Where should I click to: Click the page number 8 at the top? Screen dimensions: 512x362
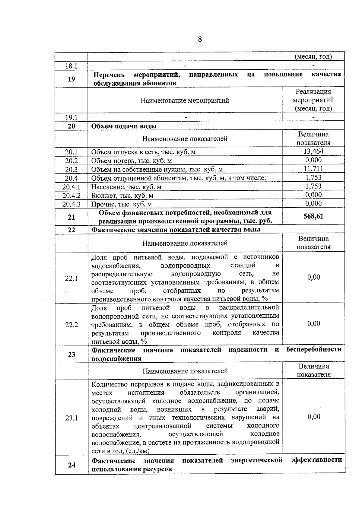point(200,39)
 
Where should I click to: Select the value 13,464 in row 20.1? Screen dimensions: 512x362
point(313,151)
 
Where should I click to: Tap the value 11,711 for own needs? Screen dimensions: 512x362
point(313,169)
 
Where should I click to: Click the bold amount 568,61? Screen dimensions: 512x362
point(313,216)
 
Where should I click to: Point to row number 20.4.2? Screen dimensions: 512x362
point(71,195)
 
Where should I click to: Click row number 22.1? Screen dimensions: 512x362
point(71,278)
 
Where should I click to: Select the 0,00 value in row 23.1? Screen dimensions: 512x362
point(314,417)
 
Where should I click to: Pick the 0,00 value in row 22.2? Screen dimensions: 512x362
point(314,324)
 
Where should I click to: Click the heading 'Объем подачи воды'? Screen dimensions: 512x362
point(124,126)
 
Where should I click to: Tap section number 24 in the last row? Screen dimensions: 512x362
point(71,465)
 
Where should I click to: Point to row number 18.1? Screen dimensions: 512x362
point(71,66)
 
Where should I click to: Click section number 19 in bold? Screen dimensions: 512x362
point(71,79)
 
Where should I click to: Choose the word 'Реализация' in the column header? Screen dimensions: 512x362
point(313,91)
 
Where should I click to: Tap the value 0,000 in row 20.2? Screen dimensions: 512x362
point(313,160)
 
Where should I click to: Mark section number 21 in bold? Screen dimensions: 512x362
point(71,217)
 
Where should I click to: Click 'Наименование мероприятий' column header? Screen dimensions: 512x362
point(185,100)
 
